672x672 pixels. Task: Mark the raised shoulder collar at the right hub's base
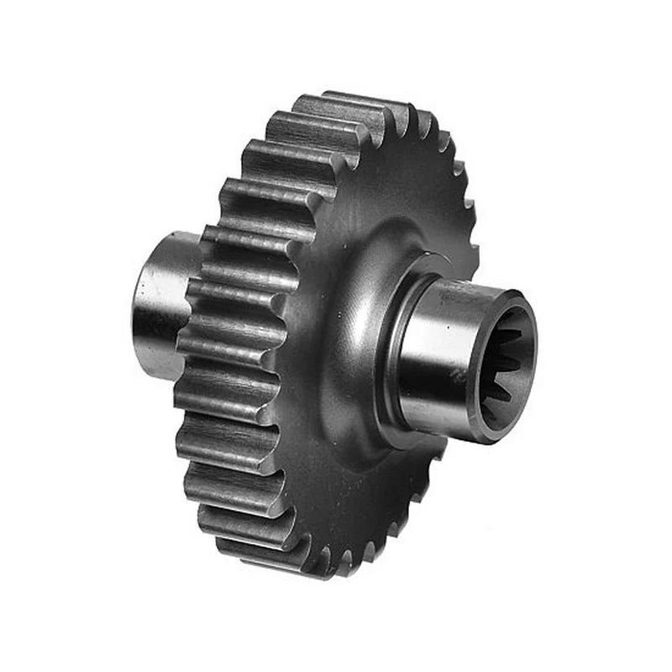coord(391,353)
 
